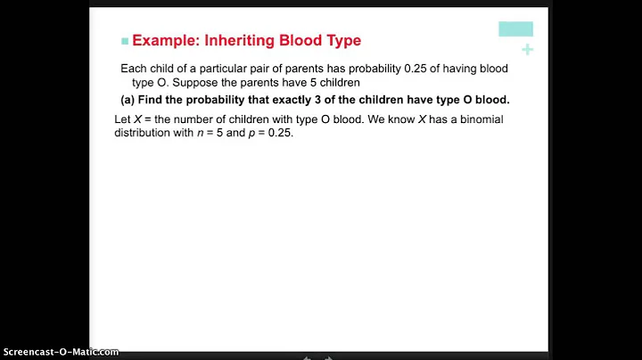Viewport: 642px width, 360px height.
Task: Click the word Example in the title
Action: (168, 40)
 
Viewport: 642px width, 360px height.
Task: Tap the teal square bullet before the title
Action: (125, 41)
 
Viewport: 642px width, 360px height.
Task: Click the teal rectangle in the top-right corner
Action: (515, 29)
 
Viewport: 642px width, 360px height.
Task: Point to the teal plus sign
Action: (527, 50)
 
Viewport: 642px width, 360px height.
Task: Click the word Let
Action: (125, 120)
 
